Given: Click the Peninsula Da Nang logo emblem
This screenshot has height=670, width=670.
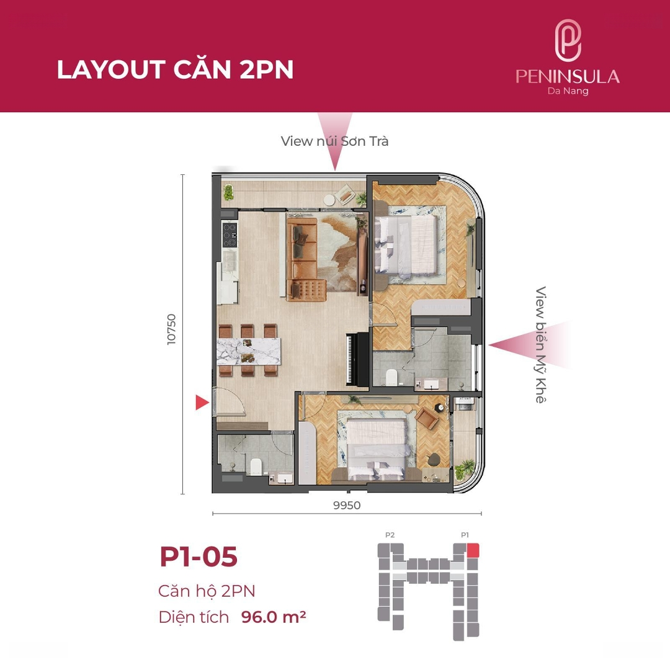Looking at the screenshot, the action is point(568,40).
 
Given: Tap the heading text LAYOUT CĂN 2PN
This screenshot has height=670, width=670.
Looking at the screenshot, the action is point(175,69).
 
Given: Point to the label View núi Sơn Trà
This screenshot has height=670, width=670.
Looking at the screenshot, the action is point(334,141).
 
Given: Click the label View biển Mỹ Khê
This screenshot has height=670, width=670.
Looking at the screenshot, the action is point(540,344).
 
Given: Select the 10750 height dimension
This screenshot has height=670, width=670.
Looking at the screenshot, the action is point(171,329).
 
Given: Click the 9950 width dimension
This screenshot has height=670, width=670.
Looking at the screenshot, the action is point(347,506).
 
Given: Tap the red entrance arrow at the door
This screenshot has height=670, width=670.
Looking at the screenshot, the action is point(202,402).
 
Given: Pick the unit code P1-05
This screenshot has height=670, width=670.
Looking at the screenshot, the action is point(199,556).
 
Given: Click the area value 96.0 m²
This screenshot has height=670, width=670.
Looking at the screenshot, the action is point(274,617).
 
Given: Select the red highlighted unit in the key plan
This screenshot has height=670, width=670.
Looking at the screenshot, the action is point(473,550).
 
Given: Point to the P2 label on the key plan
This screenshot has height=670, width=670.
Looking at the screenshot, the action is point(390,535).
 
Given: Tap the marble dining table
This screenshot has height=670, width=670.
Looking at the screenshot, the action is point(249,351).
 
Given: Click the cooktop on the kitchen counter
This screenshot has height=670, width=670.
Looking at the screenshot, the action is point(230,234).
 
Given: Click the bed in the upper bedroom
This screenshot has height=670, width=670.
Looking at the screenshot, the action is point(406,244).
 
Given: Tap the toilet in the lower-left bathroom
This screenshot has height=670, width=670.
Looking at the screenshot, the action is point(256,467).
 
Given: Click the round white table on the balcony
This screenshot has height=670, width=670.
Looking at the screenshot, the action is point(329,200).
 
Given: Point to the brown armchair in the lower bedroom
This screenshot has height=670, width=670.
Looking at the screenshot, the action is point(426,418).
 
